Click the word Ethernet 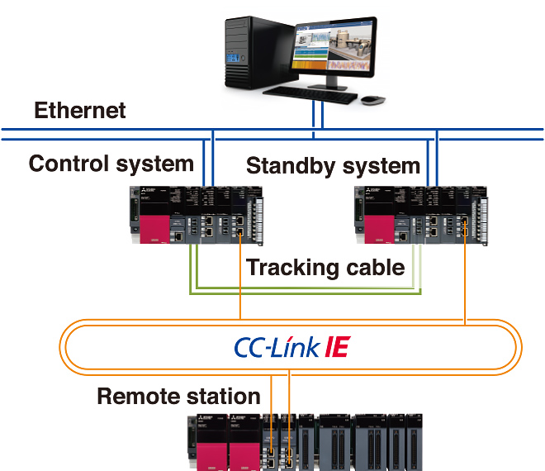click(x=80, y=111)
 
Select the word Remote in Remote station click(x=138, y=396)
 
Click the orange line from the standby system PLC click(x=467, y=281)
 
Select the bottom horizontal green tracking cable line click(x=306, y=293)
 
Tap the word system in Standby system click(x=379, y=166)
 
